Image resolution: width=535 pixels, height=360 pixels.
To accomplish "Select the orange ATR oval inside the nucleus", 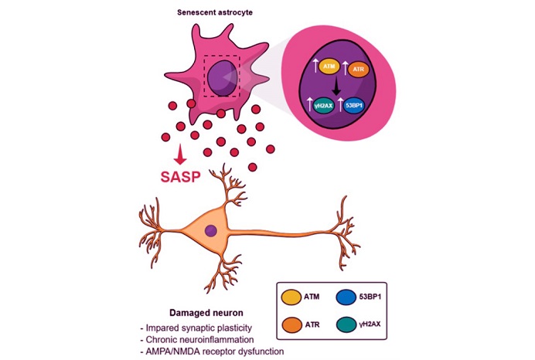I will click(357, 70).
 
